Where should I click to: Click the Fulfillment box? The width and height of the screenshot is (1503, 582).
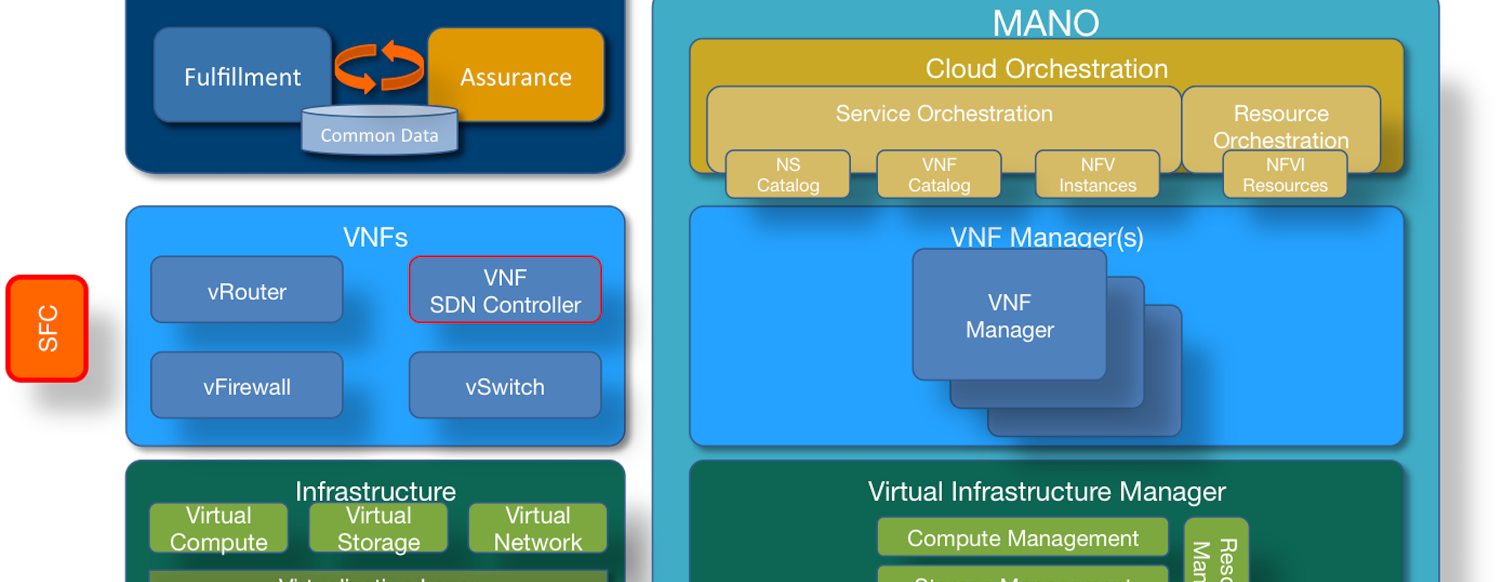pyautogui.click(x=242, y=75)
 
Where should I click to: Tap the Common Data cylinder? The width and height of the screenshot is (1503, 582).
pyautogui.click(x=379, y=132)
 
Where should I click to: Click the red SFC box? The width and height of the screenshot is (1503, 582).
pyautogui.click(x=47, y=329)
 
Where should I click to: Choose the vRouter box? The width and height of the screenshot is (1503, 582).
pyautogui.click(x=247, y=290)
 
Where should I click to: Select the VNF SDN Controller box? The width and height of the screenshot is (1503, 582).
pyautogui.click(x=505, y=290)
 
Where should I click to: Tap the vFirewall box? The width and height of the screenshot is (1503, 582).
pyautogui.click(x=247, y=386)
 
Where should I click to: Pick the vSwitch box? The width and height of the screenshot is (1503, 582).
pyautogui.click(x=505, y=386)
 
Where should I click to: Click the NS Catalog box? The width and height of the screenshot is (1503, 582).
pyautogui.click(x=788, y=175)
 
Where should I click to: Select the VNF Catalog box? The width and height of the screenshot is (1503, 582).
pyautogui.click(x=939, y=175)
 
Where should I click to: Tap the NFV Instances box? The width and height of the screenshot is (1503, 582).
pyautogui.click(x=1098, y=175)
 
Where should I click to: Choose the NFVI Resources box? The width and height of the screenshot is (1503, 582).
pyautogui.click(x=1285, y=175)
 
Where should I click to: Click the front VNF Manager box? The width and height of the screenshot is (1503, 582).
pyautogui.click(x=1009, y=315)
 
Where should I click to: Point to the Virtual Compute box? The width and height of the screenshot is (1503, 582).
pyautogui.click(x=219, y=528)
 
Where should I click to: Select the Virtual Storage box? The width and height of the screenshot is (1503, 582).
pyautogui.click(x=379, y=528)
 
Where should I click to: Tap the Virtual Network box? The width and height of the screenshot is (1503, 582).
pyautogui.click(x=538, y=528)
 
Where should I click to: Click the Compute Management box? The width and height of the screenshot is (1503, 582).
pyautogui.click(x=1022, y=538)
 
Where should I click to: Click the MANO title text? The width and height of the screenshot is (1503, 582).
pyautogui.click(x=1046, y=23)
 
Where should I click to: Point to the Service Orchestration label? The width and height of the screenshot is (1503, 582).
pyautogui.click(x=944, y=114)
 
